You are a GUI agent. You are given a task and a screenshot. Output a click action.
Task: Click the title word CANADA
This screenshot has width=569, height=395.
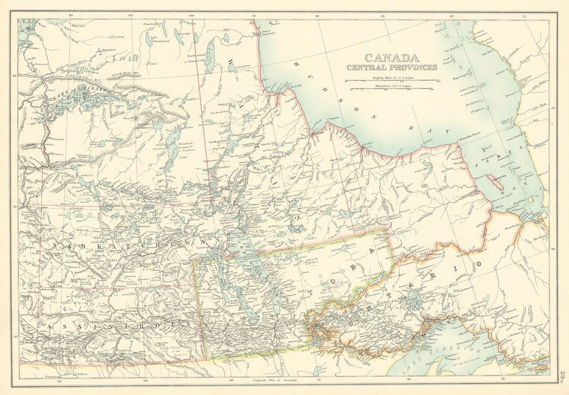click(391, 57)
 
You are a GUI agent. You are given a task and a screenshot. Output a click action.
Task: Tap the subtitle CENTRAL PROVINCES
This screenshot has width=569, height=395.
click(392, 67)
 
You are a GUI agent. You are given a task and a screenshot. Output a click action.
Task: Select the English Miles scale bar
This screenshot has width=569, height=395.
click(392, 80)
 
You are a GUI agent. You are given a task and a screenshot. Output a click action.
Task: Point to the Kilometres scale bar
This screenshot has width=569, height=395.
click(392, 89)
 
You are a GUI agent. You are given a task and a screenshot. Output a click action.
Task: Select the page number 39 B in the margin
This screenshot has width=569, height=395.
click(562, 376)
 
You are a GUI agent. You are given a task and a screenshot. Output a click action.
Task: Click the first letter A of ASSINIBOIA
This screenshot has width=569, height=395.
click(50, 326)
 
